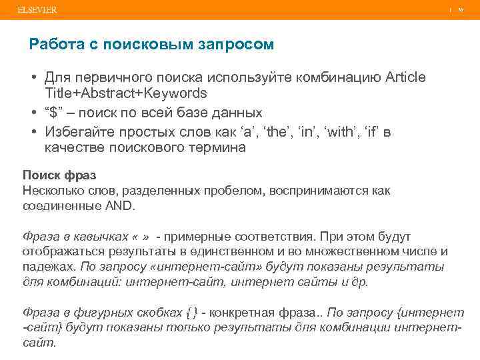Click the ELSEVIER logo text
point(38,10)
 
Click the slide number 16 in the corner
point(461,10)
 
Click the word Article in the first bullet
point(406,78)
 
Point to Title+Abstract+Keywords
point(125,93)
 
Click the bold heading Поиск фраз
point(59,175)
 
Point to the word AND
point(119,206)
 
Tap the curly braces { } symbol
point(191,312)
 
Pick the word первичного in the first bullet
point(125,78)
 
